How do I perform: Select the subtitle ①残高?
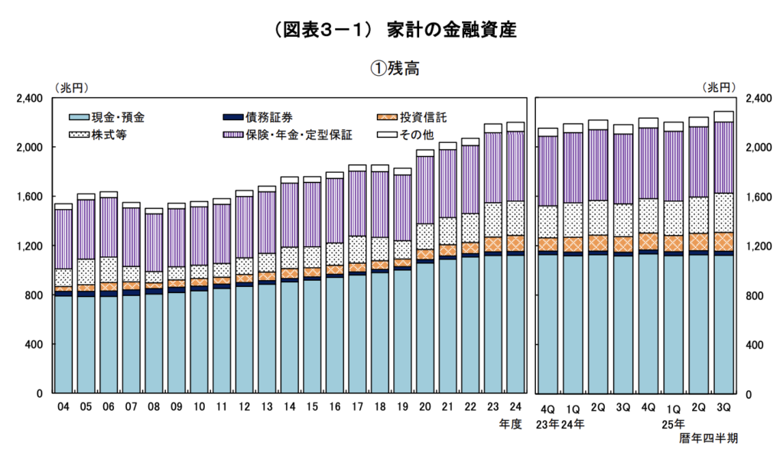pyautogui.click(x=391, y=68)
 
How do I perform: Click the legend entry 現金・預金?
pyautogui.click(x=117, y=117)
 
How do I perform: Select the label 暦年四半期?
pyautogui.click(x=708, y=438)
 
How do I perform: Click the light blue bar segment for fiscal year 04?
pyautogui.click(x=63, y=344)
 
